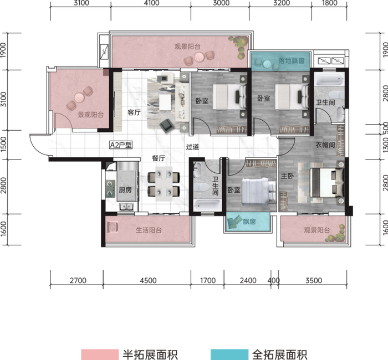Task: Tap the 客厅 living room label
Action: click(x=134, y=112)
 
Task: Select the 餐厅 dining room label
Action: click(x=159, y=158)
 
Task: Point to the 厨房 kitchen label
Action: click(x=126, y=190)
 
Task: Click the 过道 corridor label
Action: click(x=192, y=147)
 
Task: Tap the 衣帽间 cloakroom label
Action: click(x=325, y=146)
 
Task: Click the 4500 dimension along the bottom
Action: click(x=149, y=281)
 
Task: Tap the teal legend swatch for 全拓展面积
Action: click(x=229, y=352)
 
